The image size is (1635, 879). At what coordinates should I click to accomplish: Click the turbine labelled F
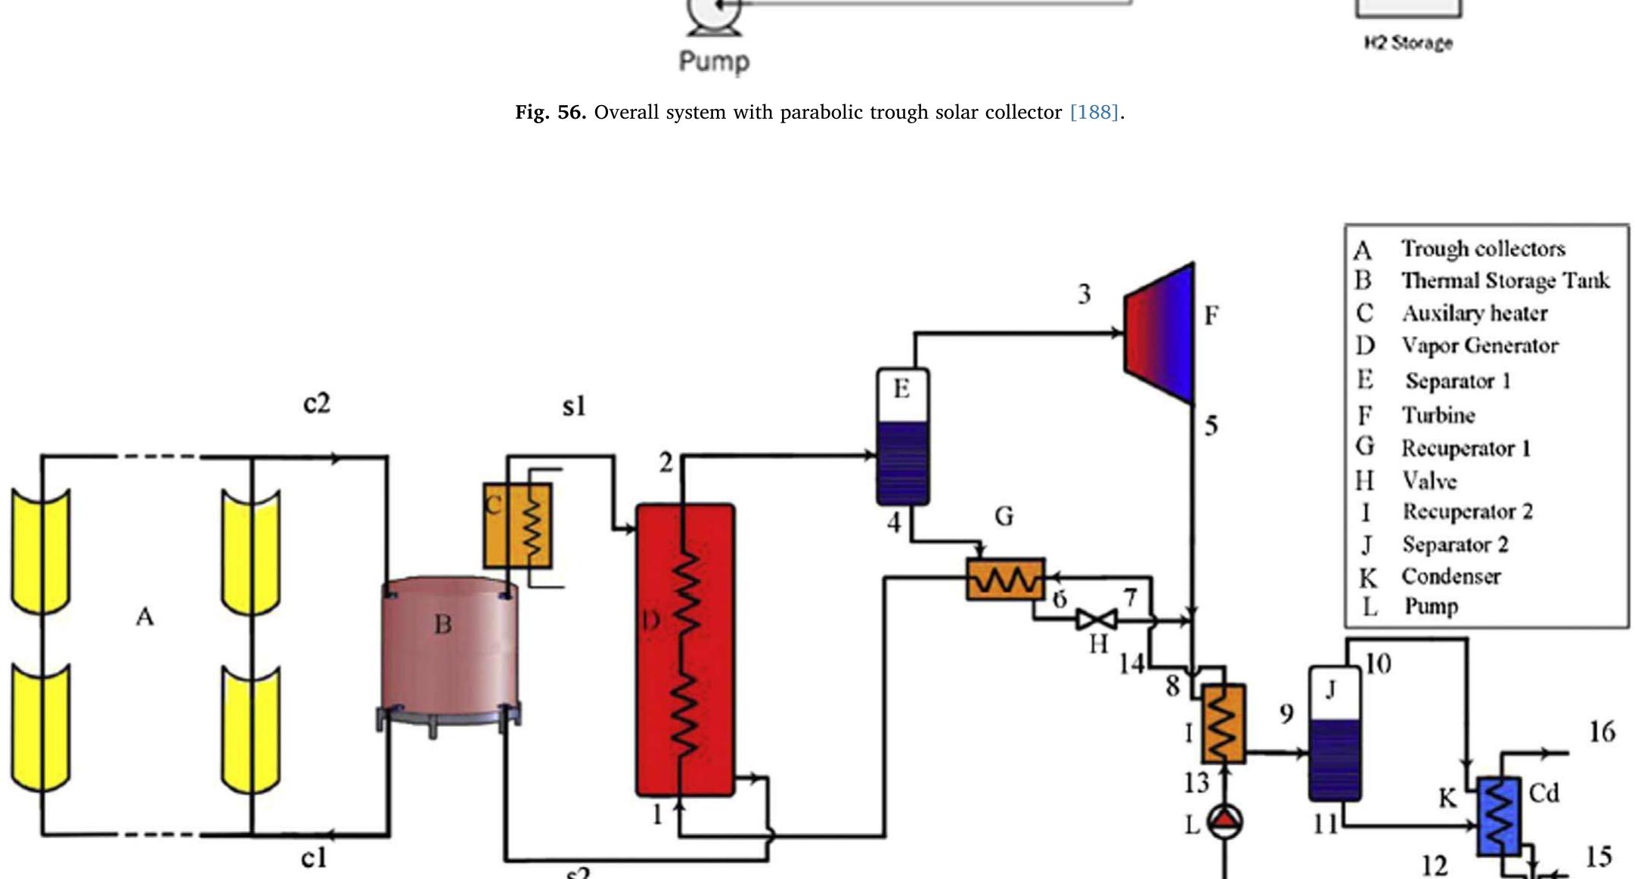point(1159,333)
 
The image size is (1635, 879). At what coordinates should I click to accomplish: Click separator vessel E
point(903,437)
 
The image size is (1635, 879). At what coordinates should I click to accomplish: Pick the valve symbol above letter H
point(1097,621)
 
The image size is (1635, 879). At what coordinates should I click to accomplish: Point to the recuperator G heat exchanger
point(1006,580)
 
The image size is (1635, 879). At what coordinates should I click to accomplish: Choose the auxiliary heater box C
point(518,526)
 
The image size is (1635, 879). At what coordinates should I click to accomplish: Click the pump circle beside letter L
point(1224,822)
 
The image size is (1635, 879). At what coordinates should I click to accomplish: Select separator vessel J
point(1336,733)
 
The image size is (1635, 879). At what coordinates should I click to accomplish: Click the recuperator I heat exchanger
point(1223,723)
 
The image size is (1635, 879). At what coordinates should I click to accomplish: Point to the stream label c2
point(317,403)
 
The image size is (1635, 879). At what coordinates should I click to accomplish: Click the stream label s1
point(574,406)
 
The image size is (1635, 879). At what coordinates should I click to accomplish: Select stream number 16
point(1602,732)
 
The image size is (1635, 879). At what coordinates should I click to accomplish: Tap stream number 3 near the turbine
point(1084,293)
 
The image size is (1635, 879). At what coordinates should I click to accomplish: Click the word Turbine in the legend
point(1438,415)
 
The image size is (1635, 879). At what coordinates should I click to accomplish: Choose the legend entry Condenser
point(1450,576)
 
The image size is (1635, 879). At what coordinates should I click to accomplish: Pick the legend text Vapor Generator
point(1480,345)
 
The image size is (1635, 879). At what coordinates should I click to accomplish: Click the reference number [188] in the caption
point(1094,113)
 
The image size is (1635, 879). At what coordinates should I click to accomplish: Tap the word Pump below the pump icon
point(715,62)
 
